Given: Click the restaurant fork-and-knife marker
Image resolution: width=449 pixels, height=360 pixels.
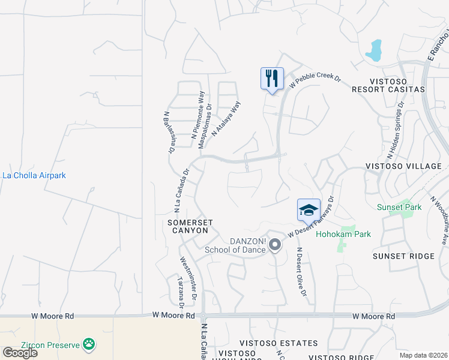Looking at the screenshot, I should click(x=272, y=79).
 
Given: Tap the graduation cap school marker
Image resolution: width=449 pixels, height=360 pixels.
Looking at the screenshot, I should click(x=309, y=210).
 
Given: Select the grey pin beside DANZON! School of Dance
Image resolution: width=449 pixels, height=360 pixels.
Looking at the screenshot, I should click(x=275, y=245).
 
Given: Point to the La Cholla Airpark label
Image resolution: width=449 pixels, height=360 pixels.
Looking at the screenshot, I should click(x=34, y=176).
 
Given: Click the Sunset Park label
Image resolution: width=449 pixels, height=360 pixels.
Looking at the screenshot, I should click(x=399, y=208).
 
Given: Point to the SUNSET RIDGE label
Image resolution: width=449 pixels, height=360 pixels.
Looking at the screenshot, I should click(x=403, y=256).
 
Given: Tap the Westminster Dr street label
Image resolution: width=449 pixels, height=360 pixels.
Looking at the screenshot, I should click(x=187, y=278).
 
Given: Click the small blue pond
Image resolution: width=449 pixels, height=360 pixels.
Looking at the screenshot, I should click(x=373, y=51).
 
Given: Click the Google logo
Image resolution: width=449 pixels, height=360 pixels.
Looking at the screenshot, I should click(x=20, y=352).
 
